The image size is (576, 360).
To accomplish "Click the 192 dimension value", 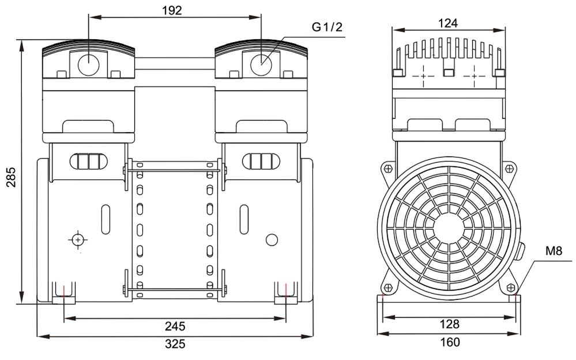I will tap(172, 10).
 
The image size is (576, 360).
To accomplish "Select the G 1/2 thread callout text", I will tap(326, 27).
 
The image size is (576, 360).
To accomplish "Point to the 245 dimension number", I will tap(175, 327).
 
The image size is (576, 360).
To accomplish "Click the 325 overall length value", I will tap(175, 344).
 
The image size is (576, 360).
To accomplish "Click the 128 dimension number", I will tap(450, 324).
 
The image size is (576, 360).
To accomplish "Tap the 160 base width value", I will tap(450, 342).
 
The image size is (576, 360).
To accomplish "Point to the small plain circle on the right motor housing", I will tap(272, 239).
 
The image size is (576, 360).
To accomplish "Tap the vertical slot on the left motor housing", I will tap(106, 219).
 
